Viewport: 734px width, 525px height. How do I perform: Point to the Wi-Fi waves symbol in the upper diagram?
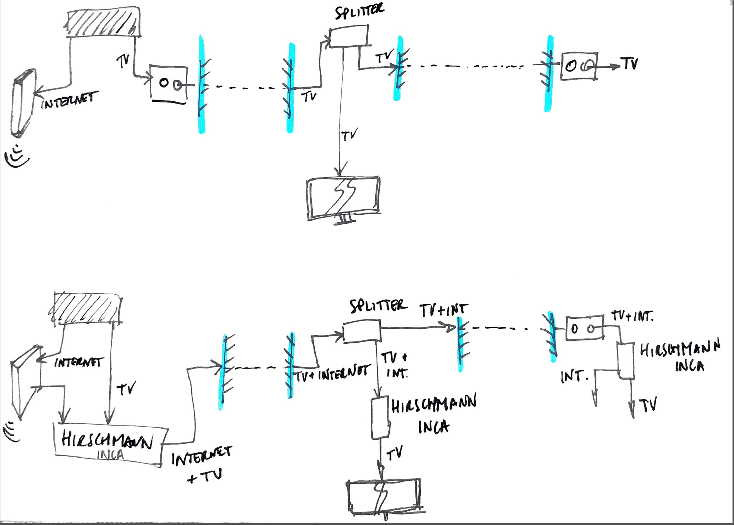coord(16,157)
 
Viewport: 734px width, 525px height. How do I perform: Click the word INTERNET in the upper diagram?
coord(70,100)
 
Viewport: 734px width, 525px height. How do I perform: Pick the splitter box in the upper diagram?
coord(348,36)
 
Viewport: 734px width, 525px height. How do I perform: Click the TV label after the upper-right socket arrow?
coord(630,63)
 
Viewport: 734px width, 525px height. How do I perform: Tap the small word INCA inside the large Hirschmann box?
coord(110,455)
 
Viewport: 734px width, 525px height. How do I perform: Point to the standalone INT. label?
coord(574,377)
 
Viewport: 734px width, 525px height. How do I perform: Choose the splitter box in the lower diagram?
coord(362,331)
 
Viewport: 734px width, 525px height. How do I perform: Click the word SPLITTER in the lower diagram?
coord(378,306)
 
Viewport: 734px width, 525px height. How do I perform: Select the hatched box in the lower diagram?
coord(86,308)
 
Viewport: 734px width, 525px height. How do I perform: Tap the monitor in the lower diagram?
coord(383,496)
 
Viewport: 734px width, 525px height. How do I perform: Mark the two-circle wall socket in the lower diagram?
coord(584,328)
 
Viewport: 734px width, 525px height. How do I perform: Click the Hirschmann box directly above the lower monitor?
coord(380,417)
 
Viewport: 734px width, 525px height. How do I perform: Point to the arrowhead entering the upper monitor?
coord(341,171)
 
